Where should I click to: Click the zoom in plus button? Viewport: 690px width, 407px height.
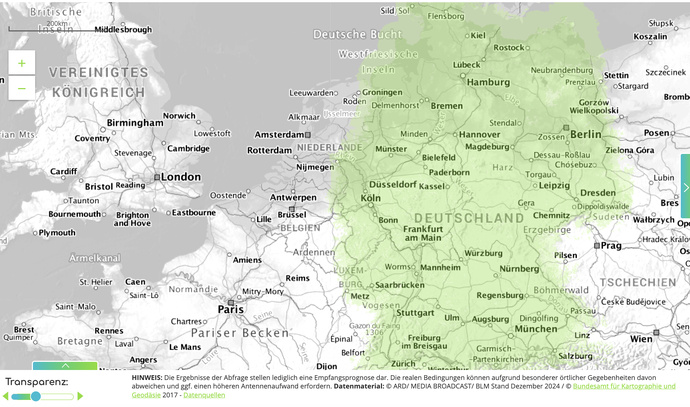[x=21, y=63]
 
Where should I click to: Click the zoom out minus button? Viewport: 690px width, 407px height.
[x=21, y=89]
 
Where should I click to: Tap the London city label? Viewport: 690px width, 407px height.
[x=180, y=177]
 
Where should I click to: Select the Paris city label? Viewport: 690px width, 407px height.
[x=231, y=309]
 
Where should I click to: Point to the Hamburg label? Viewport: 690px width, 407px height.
[x=488, y=82]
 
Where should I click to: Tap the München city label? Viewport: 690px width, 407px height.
[x=536, y=328]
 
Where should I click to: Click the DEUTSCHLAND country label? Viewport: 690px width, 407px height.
[x=468, y=218]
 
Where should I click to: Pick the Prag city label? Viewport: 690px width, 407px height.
[x=611, y=245]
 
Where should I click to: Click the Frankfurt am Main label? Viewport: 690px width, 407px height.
[x=423, y=234]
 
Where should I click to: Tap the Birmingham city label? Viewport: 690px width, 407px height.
[x=134, y=122]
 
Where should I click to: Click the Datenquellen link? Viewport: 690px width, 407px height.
[x=204, y=395]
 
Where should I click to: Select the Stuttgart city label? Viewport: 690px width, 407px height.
[x=415, y=312]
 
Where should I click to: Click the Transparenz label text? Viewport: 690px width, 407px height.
[x=37, y=382]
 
